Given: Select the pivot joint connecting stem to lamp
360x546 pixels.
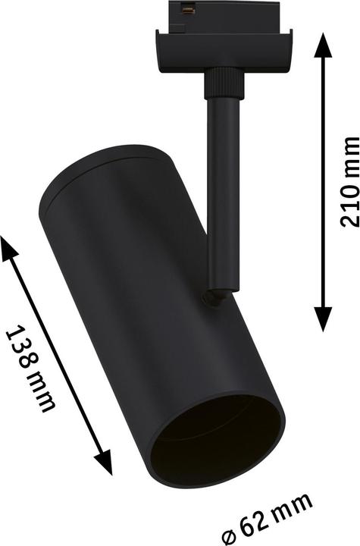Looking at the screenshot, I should pyautogui.click(x=214, y=297).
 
